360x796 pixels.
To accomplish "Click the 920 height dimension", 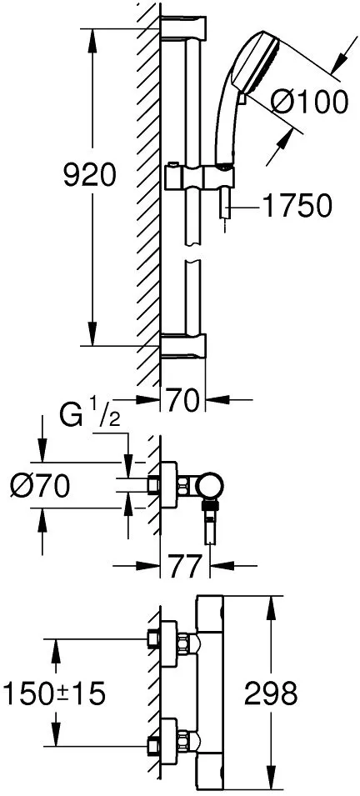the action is click(90, 175).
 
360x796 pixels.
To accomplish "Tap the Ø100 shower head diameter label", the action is click(309, 102).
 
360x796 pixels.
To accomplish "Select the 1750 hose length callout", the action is click(297, 206).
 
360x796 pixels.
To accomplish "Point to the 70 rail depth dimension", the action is click(182, 402).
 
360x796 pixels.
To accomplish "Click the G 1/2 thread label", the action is click(90, 418).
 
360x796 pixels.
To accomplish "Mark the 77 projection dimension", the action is click(185, 566).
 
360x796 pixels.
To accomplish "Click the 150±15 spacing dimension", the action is click(54, 693).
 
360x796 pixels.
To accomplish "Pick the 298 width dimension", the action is click(271, 693).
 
